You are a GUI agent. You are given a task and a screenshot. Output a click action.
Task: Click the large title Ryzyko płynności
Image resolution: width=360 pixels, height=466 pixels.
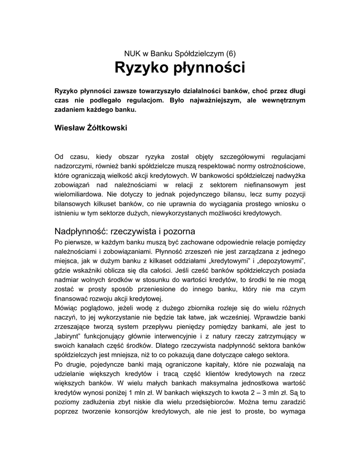click(180, 68)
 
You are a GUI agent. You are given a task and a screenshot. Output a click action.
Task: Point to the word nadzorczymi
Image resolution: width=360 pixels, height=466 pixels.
click(74, 166)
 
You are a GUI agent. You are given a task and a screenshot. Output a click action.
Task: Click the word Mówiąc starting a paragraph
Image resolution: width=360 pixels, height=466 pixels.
click(67, 308)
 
